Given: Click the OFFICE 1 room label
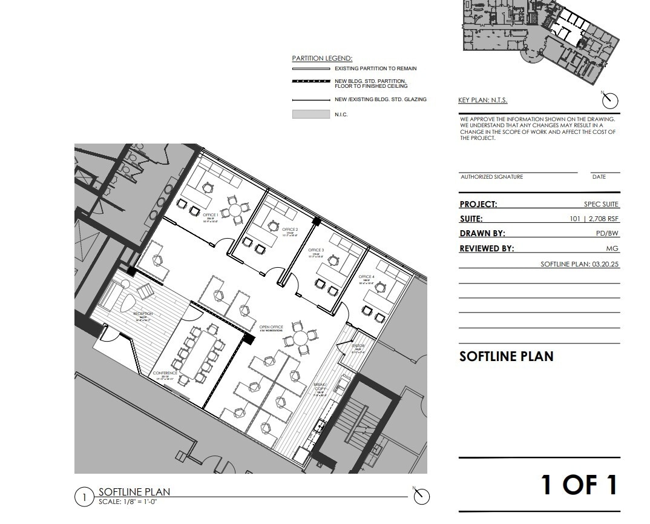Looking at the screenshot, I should (211, 215).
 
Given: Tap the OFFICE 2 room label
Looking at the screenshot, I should (290, 230).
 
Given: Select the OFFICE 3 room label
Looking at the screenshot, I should (316, 250).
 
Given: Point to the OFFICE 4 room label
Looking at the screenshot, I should (366, 277).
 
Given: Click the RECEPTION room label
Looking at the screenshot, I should (143, 314).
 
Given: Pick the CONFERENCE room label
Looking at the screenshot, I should (165, 373).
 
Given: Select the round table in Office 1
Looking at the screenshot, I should (234, 211).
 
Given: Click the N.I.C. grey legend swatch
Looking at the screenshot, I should (310, 114).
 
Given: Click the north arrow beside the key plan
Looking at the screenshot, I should (610, 100).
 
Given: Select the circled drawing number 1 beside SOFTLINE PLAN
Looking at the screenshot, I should (84, 497).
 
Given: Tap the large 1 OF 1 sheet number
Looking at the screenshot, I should (579, 485).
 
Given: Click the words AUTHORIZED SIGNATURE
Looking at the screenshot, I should (491, 177).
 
